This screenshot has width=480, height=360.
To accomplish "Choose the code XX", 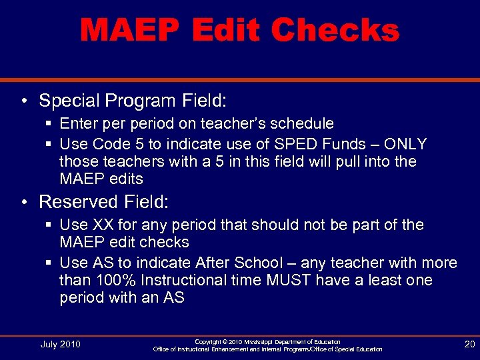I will (103, 225).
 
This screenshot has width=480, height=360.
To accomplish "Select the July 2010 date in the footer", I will (60, 344).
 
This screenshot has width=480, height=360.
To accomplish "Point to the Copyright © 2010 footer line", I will (267, 341).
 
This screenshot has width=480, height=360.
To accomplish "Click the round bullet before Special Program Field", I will (24, 101).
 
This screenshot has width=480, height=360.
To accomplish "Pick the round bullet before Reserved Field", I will (24, 202).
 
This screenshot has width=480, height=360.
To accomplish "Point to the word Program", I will (139, 101).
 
